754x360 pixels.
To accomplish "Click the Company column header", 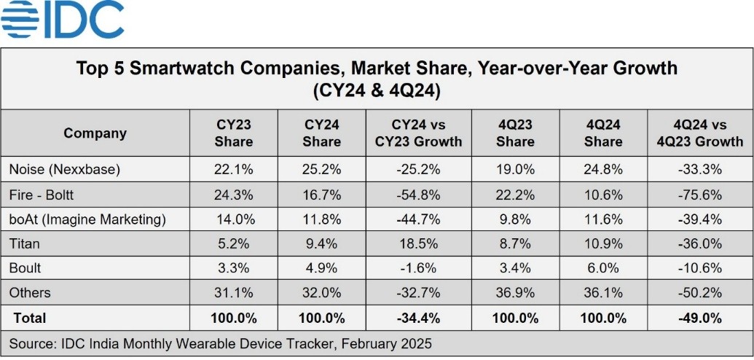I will (x=95, y=133).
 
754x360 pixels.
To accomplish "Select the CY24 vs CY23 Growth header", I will (x=418, y=133).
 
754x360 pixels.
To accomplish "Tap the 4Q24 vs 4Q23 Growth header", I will (x=698, y=133).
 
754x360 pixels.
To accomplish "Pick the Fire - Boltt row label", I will (x=41, y=195).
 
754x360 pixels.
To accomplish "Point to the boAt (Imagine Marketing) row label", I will (x=87, y=219).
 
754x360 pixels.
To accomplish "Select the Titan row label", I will (x=23, y=244).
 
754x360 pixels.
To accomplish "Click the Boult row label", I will (x=25, y=268).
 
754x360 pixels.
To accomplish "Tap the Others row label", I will (x=30, y=293).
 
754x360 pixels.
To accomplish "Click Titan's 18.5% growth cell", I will (x=418, y=244).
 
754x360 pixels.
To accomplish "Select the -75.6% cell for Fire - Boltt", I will (x=698, y=195).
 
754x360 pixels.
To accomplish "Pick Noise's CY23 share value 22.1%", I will (x=234, y=169).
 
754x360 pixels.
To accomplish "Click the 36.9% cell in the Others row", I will (x=516, y=293).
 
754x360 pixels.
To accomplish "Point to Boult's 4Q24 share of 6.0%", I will (x=603, y=268).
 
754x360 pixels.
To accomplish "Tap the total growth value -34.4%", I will (x=418, y=318).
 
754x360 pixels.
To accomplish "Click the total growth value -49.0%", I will (x=698, y=318).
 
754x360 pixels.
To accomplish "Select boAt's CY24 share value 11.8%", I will (x=321, y=219).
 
